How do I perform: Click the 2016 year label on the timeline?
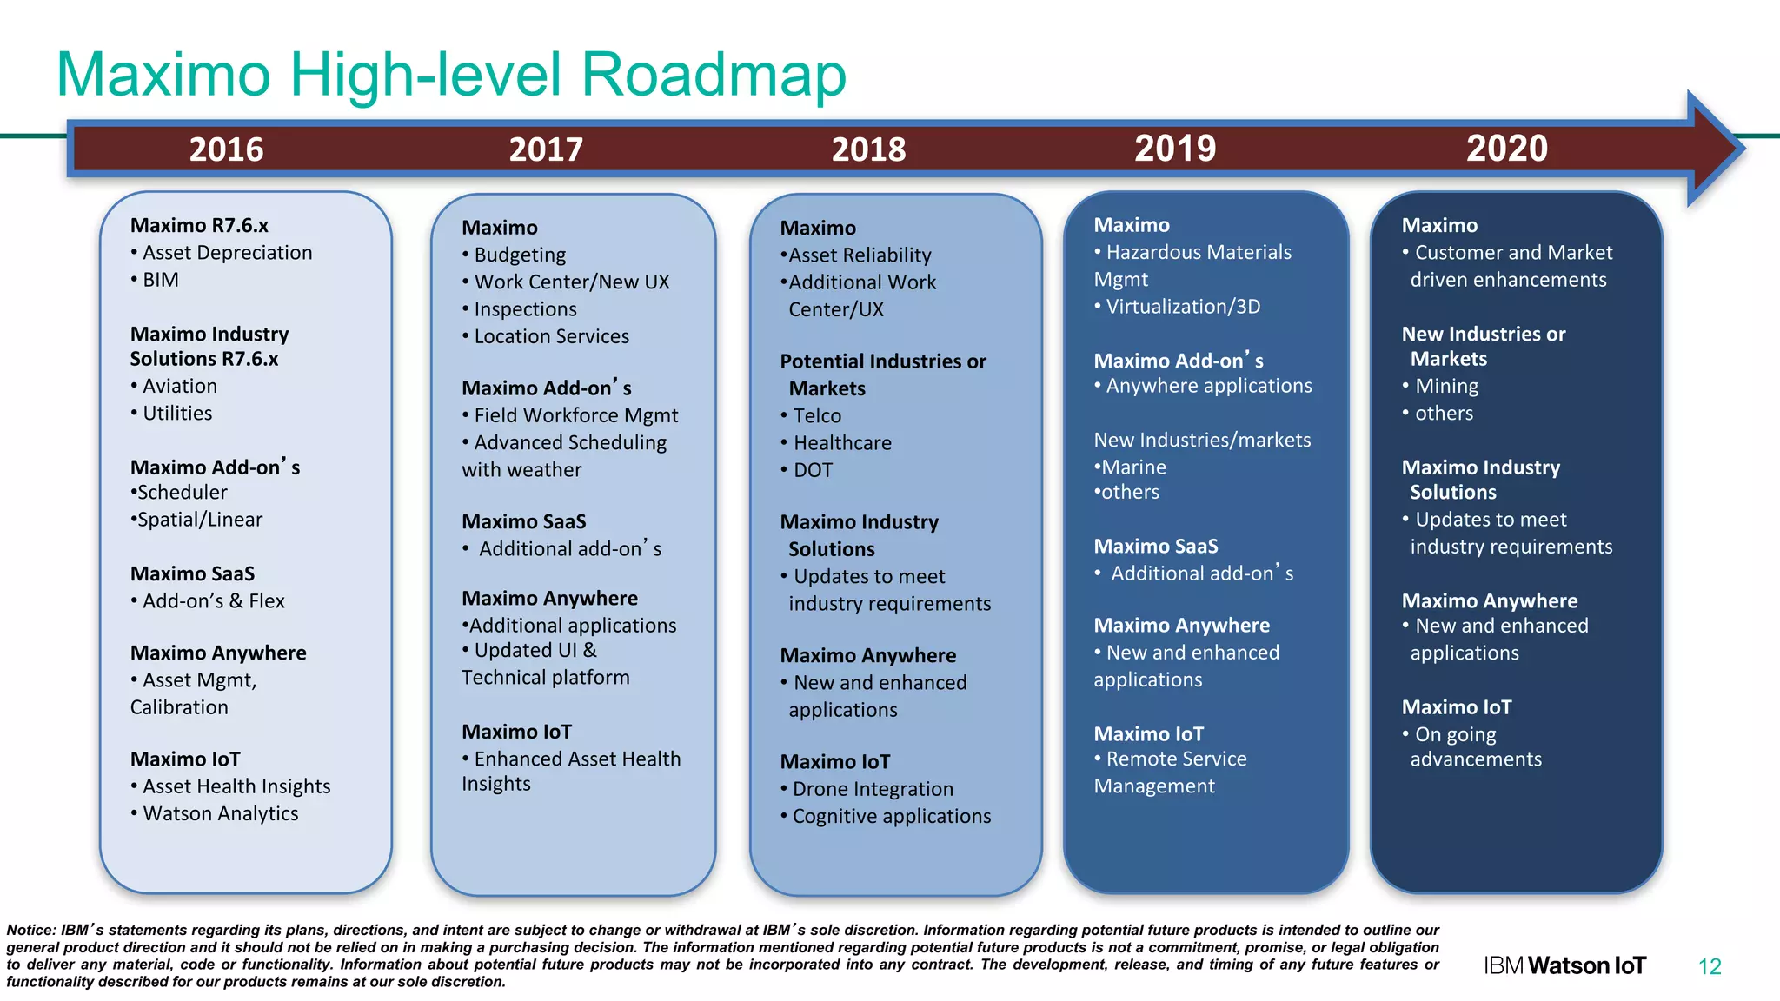pos(226,149)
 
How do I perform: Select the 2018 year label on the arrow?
pos(868,149)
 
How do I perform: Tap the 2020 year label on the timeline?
pos(1506,148)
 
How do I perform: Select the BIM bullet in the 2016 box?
pos(160,280)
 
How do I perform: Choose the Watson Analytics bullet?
pos(220,813)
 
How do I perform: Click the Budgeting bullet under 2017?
pos(520,255)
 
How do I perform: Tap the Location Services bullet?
pos(551,336)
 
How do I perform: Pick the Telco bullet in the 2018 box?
pos(817,415)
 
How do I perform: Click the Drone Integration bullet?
pos(873,789)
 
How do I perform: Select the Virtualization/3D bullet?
pos(1182,307)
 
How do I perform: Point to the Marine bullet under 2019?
pos(1133,467)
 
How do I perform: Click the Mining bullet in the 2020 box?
pos(1446,386)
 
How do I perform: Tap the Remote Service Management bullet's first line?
pos(1176,759)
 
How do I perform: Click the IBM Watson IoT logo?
pos(1564,965)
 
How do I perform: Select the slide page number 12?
pos(1710,966)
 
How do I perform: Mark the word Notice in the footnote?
pos(30,930)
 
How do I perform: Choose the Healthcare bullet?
pos(842,443)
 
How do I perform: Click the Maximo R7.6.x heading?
pos(199,225)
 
